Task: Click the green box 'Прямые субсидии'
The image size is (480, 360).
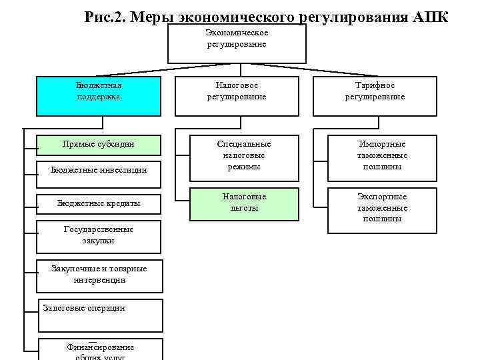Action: (99, 145)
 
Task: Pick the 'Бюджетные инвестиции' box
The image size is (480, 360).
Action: (99, 171)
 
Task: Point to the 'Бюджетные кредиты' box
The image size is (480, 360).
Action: (99, 203)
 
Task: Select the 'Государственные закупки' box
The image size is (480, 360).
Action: (99, 235)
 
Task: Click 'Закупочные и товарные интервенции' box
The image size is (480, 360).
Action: (99, 274)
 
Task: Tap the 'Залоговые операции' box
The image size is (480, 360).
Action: (99, 315)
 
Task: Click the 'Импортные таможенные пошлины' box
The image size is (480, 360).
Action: (382, 156)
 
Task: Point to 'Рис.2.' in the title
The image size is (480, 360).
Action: (105, 16)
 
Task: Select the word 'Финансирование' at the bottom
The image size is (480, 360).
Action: (101, 347)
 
